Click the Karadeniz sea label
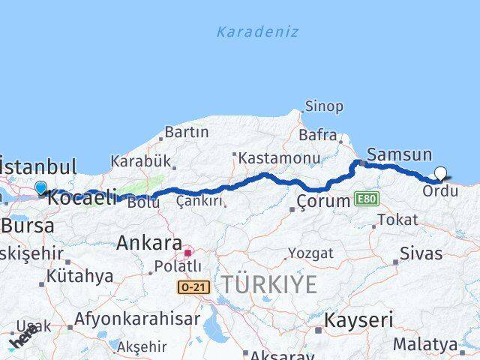click(x=257, y=31)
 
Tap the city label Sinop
click(x=324, y=106)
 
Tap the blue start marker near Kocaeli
click(x=40, y=187)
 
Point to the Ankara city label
click(x=149, y=243)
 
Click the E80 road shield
click(x=368, y=199)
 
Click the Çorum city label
click(x=323, y=201)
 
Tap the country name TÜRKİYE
click(x=268, y=283)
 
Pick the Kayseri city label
click(x=358, y=320)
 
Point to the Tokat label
click(x=397, y=220)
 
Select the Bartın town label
click(x=186, y=132)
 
